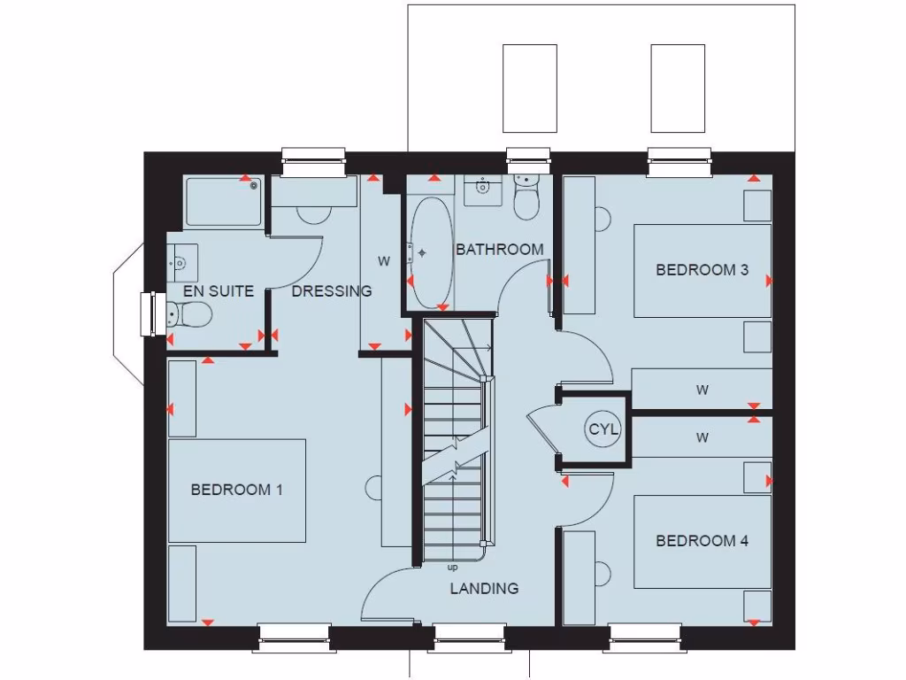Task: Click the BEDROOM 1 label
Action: pos(236,490)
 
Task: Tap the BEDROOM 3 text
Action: pos(702,270)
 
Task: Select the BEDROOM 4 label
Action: pos(702,541)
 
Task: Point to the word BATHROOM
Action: pos(500,250)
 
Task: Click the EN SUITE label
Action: pos(219,290)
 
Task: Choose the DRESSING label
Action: pos(332,290)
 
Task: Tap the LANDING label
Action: pos(484,589)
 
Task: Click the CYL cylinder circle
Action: pos(604,430)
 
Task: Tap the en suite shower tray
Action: pos(224,202)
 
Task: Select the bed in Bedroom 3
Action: pos(702,270)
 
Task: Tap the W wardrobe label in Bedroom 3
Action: pos(703,389)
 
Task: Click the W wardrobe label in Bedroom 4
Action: pos(703,437)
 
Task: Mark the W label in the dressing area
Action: pos(384,261)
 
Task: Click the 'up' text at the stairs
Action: pos(453,568)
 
